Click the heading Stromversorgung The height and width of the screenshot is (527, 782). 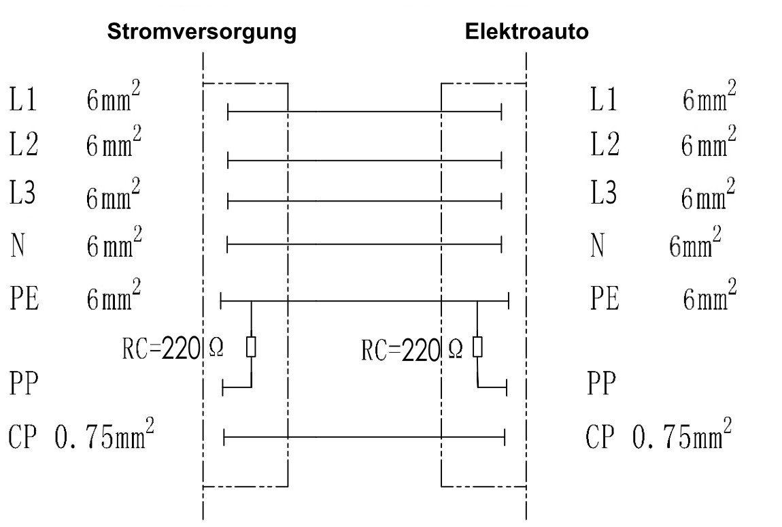(201, 32)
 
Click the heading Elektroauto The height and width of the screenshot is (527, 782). (526, 32)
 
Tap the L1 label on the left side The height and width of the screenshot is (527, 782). (22, 100)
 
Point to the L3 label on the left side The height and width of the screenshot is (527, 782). (22, 195)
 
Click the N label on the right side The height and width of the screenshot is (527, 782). (597, 245)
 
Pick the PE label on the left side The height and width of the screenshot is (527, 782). (24, 299)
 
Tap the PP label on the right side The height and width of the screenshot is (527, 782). (601, 385)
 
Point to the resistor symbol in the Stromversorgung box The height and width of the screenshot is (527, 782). (252, 347)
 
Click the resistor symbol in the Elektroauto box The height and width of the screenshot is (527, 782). (477, 347)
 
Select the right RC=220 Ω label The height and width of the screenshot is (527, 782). (413, 351)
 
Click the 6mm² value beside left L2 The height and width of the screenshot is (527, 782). (113, 144)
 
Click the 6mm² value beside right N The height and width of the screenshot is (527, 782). (694, 245)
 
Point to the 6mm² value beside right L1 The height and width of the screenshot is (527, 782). (709, 99)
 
